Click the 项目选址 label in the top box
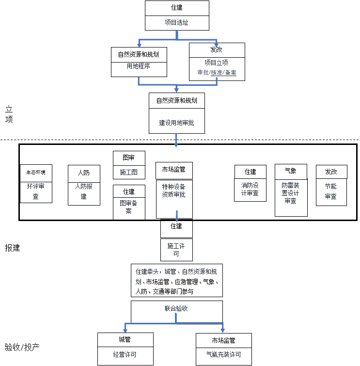tap(176, 22)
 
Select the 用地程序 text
tap(139, 66)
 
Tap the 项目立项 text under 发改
tap(216, 63)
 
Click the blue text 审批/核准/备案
tap(217, 72)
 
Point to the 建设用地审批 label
tap(176, 123)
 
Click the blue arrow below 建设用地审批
tap(176, 141)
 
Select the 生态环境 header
tap(36, 172)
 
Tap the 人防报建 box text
tap(84, 191)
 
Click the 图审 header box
tap(128, 158)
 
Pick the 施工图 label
tap(128, 172)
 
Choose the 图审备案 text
tap(128, 207)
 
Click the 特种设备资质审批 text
tap(173, 190)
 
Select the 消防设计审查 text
tap(250, 189)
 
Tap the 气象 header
tap(291, 171)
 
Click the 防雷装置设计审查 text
tap(291, 193)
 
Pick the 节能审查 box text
tap(331, 191)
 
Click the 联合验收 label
tap(176, 308)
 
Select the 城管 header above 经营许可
tap(125, 340)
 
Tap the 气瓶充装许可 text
tap(223, 355)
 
